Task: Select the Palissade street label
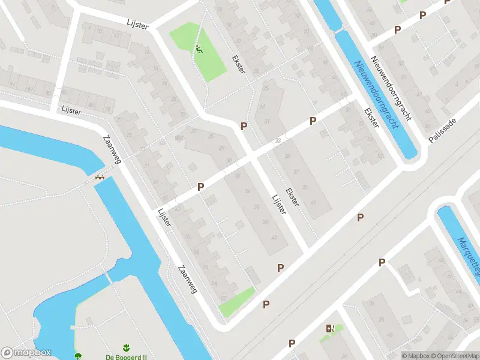point(443,130)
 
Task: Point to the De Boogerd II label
point(126,356)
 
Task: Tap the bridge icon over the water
point(100,177)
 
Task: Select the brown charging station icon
point(329,328)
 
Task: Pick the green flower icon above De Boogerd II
point(126,347)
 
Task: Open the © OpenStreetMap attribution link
point(454,356)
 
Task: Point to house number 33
point(277,140)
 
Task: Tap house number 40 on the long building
point(275,238)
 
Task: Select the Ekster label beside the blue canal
point(371,117)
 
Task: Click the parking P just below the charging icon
point(292,344)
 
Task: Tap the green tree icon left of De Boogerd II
point(79,356)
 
